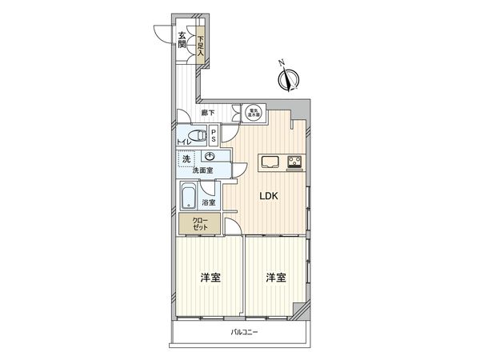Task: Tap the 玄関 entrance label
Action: (182, 40)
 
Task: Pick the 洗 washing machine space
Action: (186, 159)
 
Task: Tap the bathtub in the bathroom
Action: (189, 197)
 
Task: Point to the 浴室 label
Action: (209, 203)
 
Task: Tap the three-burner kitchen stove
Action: (294, 162)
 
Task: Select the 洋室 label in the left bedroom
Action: (210, 278)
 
